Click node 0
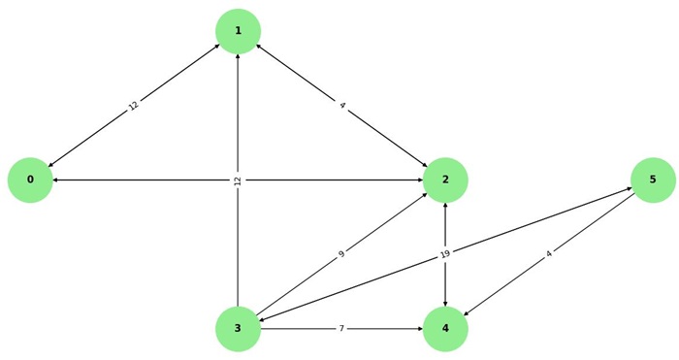30,180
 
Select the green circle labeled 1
238,31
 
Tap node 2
445,180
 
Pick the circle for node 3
238,329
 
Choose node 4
445,329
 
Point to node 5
653,180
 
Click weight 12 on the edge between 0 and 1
134,106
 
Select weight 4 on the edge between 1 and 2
341,106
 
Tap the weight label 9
341,254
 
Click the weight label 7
341,329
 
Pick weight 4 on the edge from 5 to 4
549,254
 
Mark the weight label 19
445,254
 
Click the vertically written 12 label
238,180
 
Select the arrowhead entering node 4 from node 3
419,329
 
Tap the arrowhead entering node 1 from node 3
238,58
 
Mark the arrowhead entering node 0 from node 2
56,180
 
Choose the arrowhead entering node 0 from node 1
50,165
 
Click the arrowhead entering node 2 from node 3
425,195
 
